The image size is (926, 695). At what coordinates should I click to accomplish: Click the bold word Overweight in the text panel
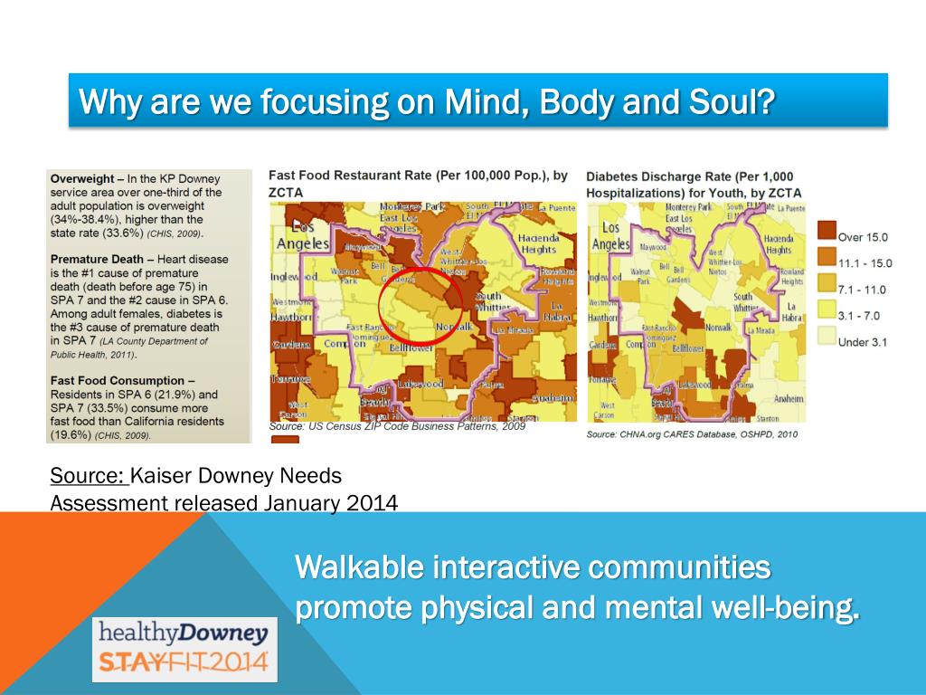click(82, 179)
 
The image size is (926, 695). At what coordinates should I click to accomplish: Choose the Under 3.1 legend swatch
click(825, 341)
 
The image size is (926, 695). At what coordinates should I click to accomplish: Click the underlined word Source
click(87, 476)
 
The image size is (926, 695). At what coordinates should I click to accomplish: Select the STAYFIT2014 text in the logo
click(184, 663)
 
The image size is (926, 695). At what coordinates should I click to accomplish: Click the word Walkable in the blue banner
click(358, 568)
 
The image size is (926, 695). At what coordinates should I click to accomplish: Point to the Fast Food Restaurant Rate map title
click(418, 175)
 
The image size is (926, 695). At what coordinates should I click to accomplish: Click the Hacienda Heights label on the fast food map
click(537, 243)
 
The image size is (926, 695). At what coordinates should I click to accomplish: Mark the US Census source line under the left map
click(397, 426)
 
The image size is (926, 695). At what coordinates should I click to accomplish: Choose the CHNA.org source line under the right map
click(691, 435)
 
